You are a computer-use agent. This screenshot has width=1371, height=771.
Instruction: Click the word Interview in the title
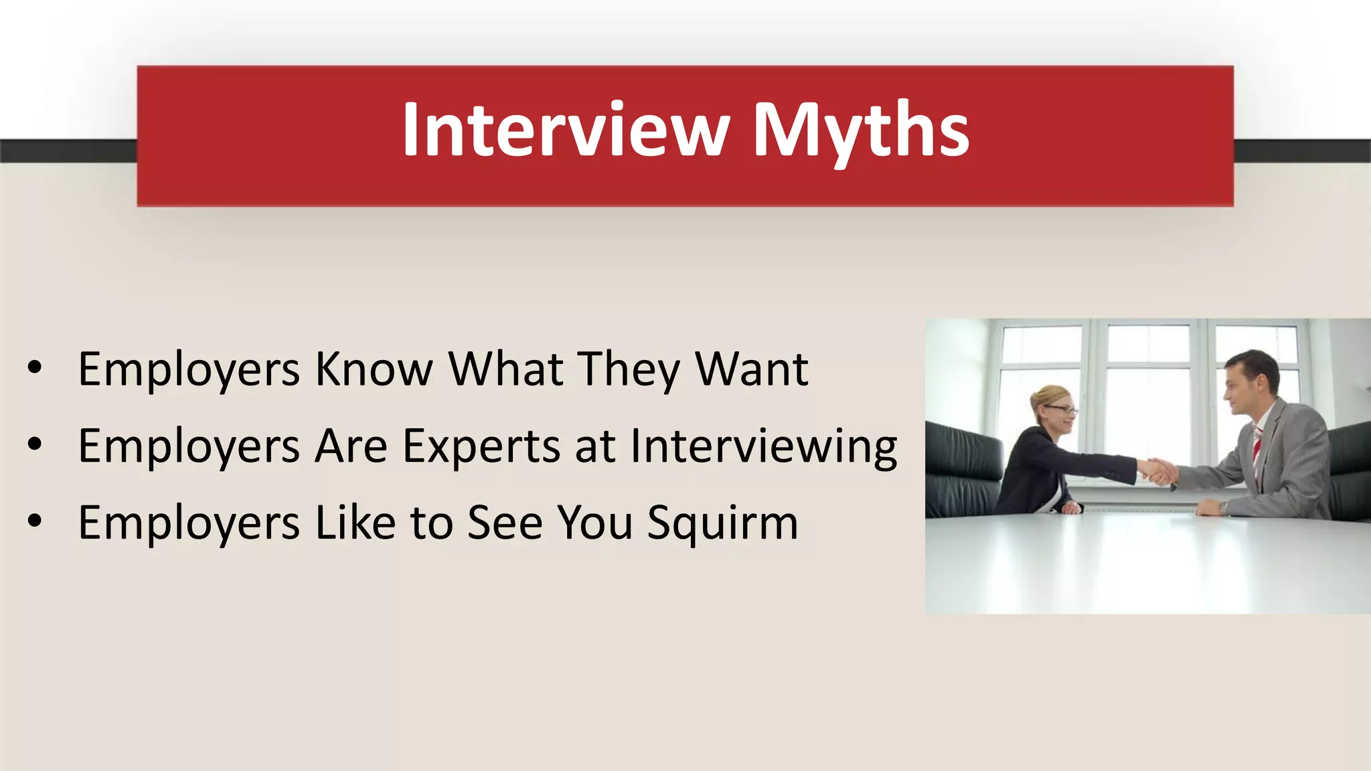pyautogui.click(x=566, y=130)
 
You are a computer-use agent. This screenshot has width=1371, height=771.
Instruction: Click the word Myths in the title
pyautogui.click(x=861, y=130)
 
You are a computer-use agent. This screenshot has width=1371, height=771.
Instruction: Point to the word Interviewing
pyautogui.click(x=764, y=446)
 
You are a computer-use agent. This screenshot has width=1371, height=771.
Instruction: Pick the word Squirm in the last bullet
pyautogui.click(x=723, y=523)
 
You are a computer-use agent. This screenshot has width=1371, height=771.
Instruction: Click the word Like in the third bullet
pyautogui.click(x=355, y=523)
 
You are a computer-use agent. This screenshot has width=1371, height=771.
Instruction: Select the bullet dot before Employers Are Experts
pyautogui.click(x=35, y=444)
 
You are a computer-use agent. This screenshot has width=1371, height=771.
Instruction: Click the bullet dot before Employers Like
pyautogui.click(x=35, y=521)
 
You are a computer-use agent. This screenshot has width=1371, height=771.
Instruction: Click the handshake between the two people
pyautogui.click(x=1157, y=470)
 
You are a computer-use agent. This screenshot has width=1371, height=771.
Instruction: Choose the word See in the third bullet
pyautogui.click(x=505, y=523)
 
